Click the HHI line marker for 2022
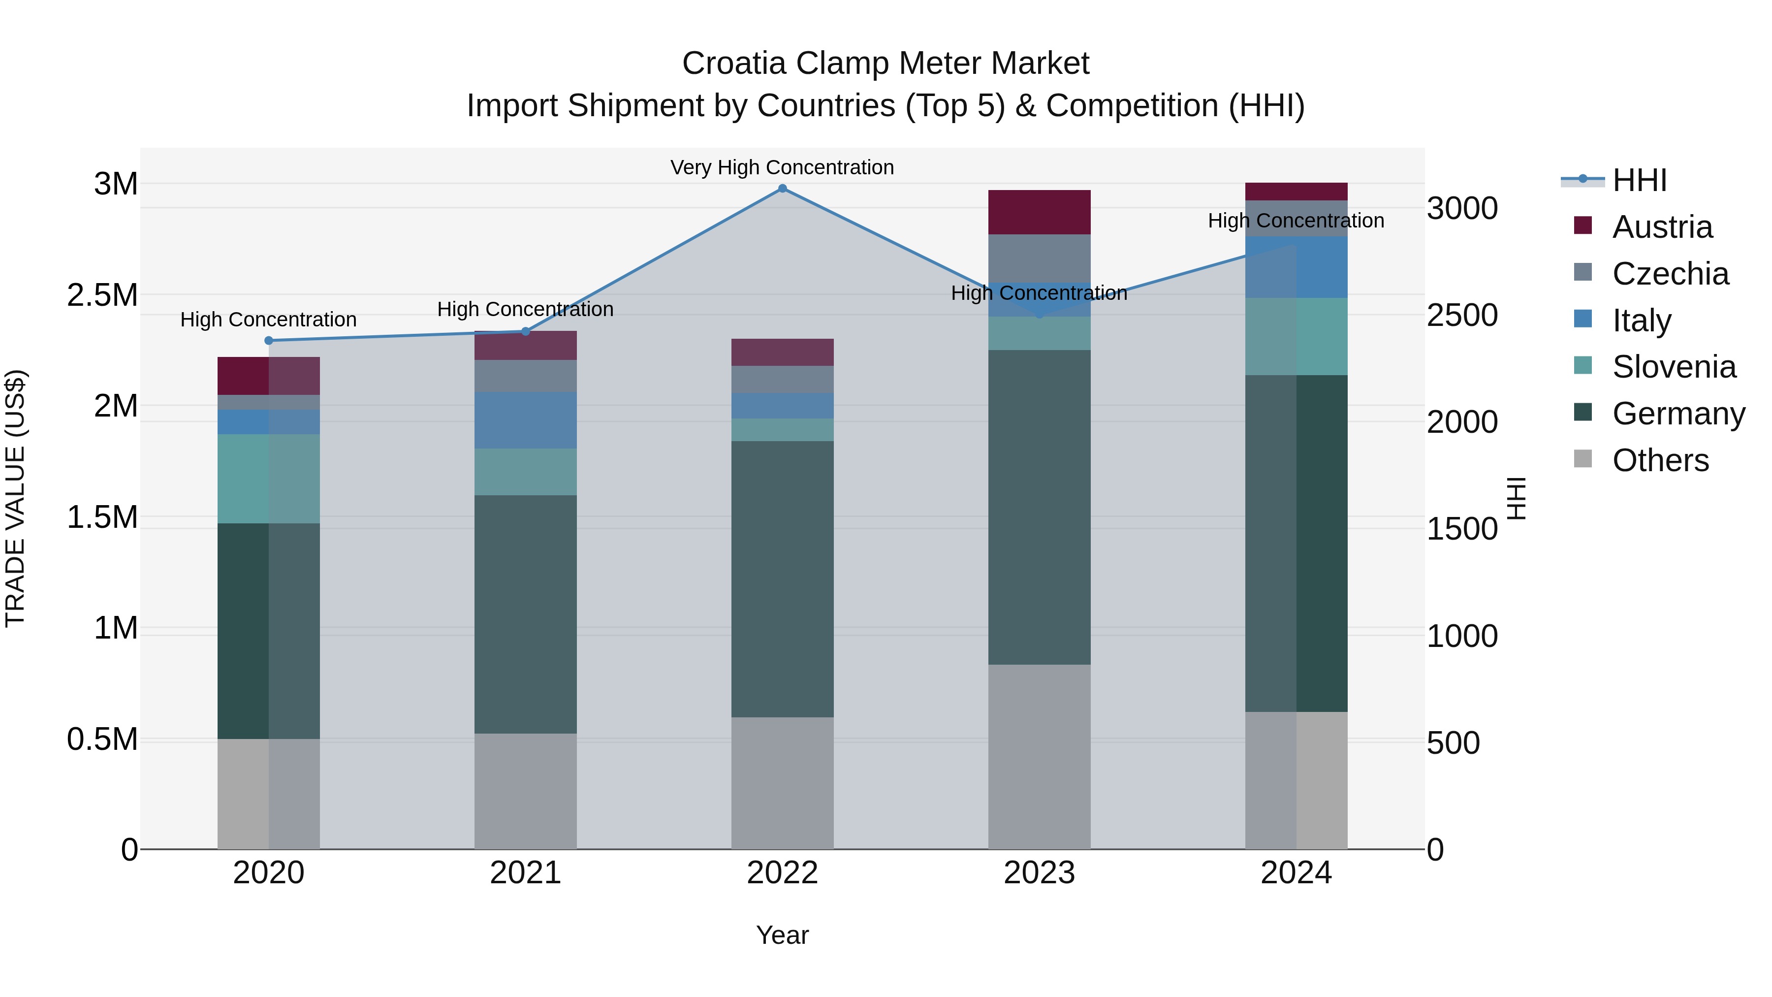point(782,189)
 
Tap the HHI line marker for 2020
point(269,341)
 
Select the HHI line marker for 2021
point(526,332)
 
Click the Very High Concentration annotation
point(782,167)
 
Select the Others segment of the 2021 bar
point(526,791)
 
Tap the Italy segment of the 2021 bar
point(526,420)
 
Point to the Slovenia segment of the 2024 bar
point(1296,336)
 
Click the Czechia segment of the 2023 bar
point(1040,258)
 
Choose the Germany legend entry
point(1678,414)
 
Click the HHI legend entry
point(1639,180)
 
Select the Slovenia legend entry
point(1673,367)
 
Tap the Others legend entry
point(1660,460)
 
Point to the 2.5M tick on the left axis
point(102,295)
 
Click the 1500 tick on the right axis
point(1462,529)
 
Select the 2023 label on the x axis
point(1040,873)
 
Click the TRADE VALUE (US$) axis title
point(15,498)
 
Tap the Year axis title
point(782,935)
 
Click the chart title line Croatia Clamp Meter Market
point(886,64)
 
